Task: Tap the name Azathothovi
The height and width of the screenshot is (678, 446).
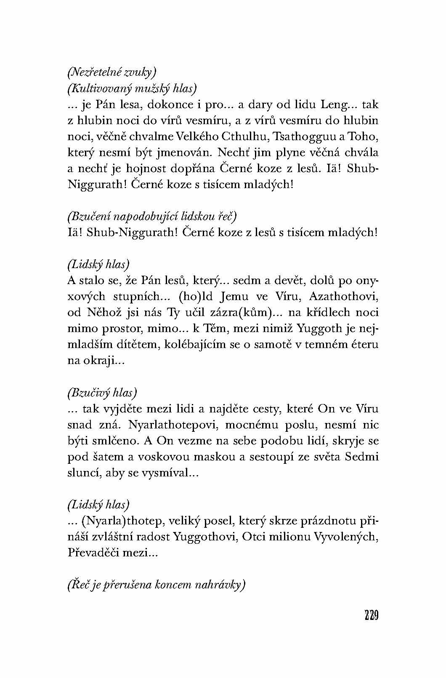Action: pyautogui.click(x=343, y=296)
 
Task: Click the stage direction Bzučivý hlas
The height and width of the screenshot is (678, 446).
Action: pyautogui.click(x=102, y=392)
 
